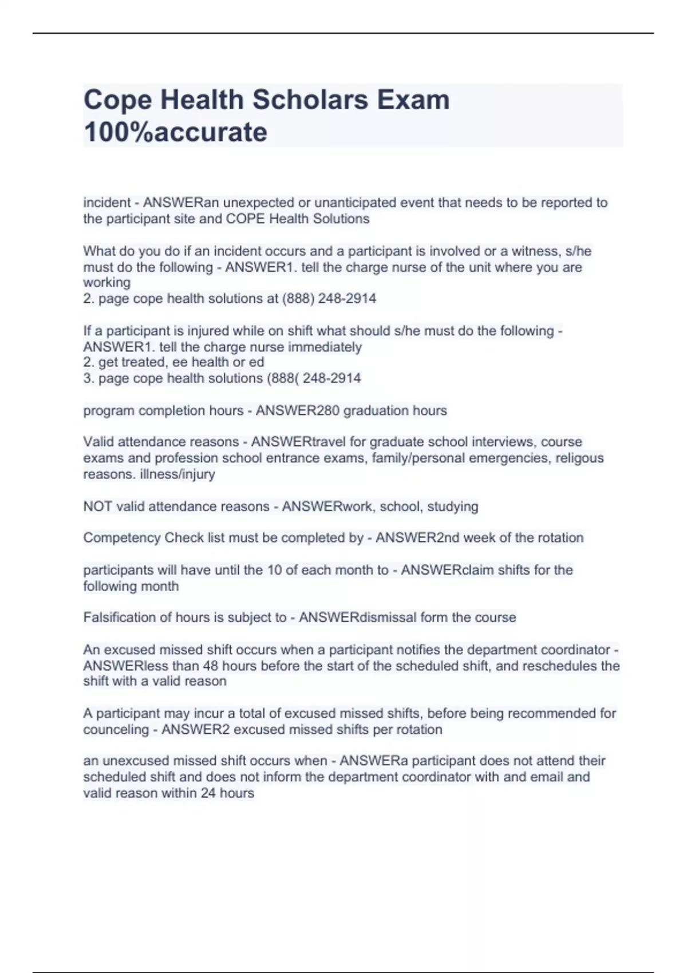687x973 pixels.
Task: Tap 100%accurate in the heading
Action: point(175,132)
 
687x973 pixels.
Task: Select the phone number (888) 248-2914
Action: point(329,298)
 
